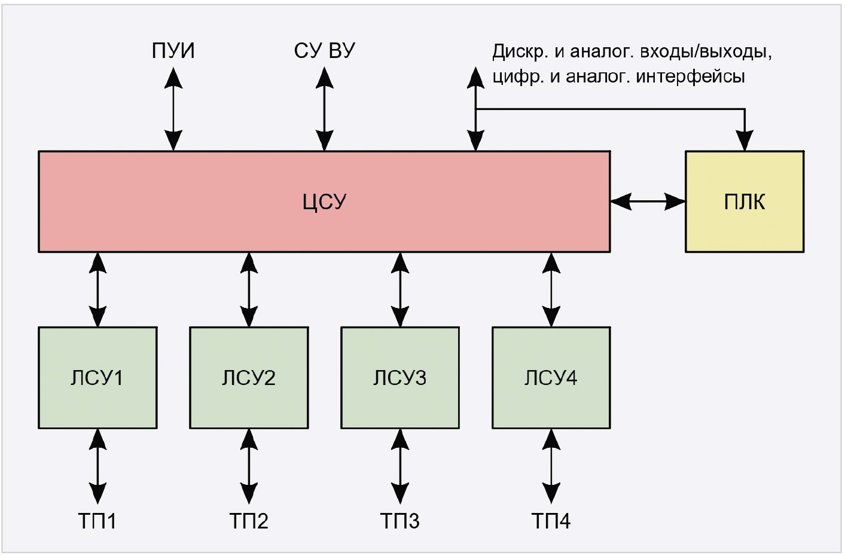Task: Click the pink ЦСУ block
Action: [324, 201]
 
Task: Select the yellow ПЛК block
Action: [744, 201]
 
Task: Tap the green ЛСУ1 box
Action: [97, 377]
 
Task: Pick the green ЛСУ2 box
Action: [249, 377]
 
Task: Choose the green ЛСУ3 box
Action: [400, 377]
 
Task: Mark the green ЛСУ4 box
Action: [551, 377]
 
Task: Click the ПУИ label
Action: [173, 51]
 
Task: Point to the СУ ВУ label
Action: [324, 51]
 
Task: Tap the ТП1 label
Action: [97, 521]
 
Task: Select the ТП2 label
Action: [249, 521]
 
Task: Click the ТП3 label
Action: [400, 521]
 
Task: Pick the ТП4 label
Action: [551, 521]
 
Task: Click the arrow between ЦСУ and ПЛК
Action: [648, 201]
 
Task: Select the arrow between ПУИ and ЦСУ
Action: [173, 109]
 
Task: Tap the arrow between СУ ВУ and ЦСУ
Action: [325, 109]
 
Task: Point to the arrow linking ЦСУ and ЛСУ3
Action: [400, 289]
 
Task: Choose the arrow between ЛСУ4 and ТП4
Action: [551, 466]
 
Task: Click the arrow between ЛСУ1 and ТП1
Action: [97, 466]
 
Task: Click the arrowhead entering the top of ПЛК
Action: [745, 142]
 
